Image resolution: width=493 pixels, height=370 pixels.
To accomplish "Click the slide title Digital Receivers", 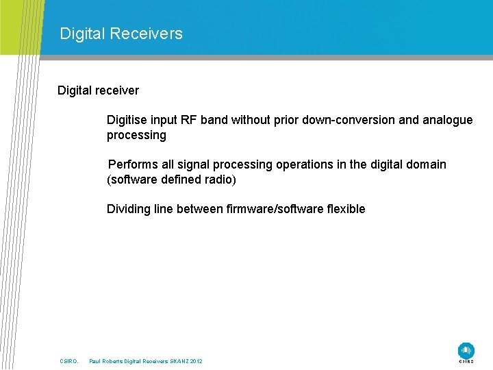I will [x=121, y=34].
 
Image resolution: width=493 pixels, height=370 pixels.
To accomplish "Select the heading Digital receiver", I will [x=98, y=90].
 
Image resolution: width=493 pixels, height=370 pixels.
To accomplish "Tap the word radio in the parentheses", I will [x=219, y=180].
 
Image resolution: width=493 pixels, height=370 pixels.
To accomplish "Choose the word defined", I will [x=179, y=180].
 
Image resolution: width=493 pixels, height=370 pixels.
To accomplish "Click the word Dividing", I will [x=129, y=209].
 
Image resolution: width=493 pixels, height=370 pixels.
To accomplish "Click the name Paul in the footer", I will [x=95, y=361].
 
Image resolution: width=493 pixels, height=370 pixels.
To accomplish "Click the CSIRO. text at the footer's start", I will [x=69, y=361].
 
